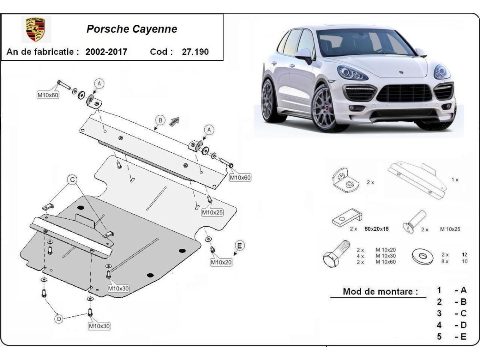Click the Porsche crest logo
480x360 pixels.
(x=36, y=30)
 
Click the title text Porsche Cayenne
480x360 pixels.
(x=132, y=29)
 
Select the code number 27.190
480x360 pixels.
(x=195, y=52)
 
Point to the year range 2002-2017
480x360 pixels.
(x=106, y=52)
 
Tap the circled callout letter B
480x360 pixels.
(x=160, y=120)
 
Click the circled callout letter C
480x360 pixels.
(x=72, y=180)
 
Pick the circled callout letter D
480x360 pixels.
(x=59, y=319)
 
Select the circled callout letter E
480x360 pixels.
(x=239, y=246)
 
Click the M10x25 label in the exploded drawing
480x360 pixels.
(x=212, y=212)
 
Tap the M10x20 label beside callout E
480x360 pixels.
(x=221, y=262)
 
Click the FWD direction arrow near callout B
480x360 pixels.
(x=174, y=121)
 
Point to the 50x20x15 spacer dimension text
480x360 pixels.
(x=376, y=229)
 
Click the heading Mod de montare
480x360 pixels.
(x=377, y=292)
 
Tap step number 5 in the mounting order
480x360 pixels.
(x=439, y=336)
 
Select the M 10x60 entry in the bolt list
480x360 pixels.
(x=386, y=262)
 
